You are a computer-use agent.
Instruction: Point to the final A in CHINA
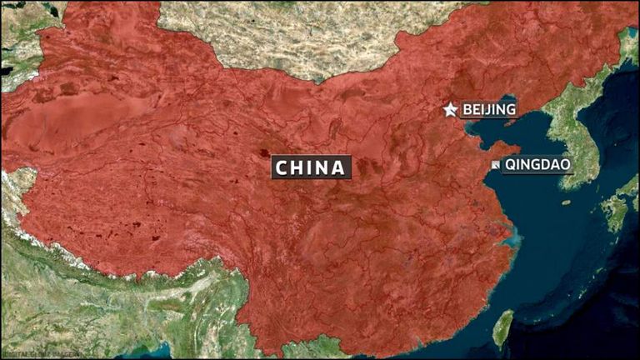[337, 167]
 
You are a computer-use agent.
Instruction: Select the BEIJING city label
[489, 109]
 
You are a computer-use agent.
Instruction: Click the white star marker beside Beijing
[450, 109]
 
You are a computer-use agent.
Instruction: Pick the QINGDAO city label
[537, 164]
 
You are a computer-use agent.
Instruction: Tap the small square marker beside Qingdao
[495, 165]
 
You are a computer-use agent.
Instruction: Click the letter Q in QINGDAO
[510, 164]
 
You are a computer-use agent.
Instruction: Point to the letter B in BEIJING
[467, 109]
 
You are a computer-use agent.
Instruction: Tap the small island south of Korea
[567, 202]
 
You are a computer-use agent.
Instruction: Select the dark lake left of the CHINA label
[264, 154]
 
